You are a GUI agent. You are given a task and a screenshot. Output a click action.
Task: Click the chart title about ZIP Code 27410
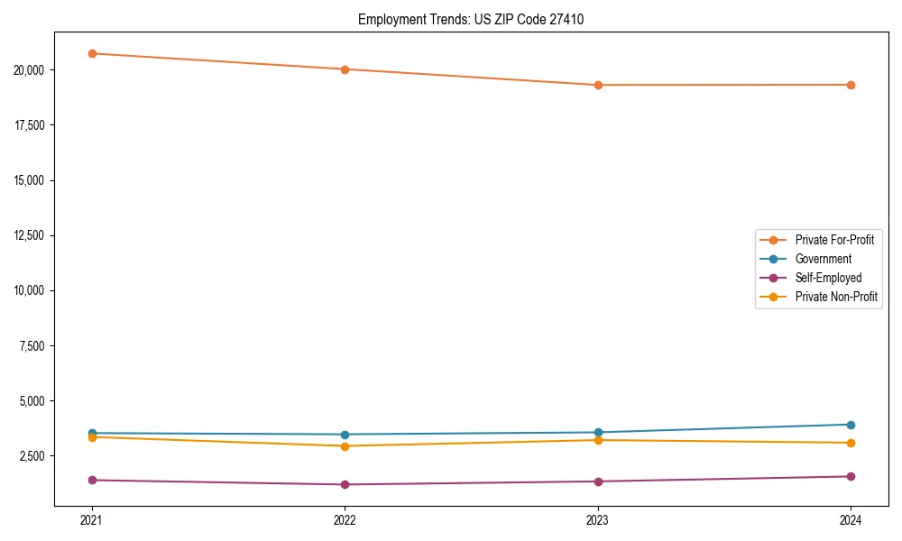point(471,19)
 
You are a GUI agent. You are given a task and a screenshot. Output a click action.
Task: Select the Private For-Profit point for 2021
point(92,53)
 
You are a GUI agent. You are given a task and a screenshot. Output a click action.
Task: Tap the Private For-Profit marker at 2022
point(345,69)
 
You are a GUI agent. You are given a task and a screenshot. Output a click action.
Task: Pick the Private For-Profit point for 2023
point(598,85)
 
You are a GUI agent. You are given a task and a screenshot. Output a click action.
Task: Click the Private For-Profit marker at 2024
point(851,85)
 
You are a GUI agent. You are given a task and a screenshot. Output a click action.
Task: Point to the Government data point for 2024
point(851,425)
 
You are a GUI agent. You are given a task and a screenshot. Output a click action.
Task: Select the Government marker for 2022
point(345,435)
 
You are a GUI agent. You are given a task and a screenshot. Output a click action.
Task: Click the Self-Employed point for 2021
point(92,480)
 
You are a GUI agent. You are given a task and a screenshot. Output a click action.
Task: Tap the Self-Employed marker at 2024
point(851,476)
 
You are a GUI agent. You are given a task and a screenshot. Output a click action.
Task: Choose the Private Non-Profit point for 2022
point(345,446)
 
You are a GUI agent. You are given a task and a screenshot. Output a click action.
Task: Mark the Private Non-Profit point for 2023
point(598,440)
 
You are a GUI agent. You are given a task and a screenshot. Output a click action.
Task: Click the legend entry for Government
point(823,259)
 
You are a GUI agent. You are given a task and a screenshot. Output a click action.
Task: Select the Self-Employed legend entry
point(828,278)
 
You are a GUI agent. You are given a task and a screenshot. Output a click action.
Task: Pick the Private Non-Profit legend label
point(836,297)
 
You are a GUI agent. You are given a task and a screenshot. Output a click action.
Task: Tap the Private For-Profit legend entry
point(834,240)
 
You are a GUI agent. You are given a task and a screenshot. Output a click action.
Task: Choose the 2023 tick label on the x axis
point(598,520)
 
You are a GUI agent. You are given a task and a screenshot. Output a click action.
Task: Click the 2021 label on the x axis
point(92,520)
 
